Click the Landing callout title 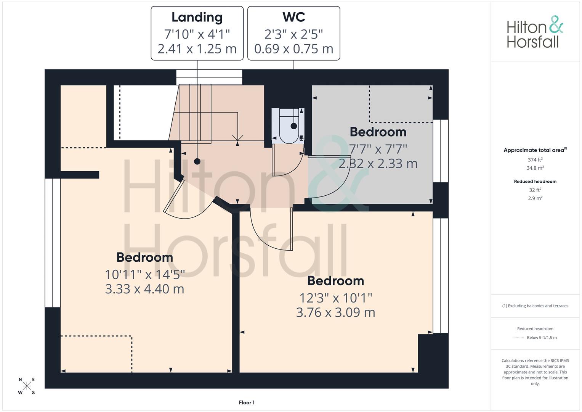[x=197, y=18]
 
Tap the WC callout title [x=293, y=17]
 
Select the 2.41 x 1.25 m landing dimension [x=197, y=49]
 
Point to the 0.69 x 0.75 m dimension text [x=293, y=49]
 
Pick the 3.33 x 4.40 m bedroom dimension [x=144, y=289]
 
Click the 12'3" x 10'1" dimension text [x=335, y=298]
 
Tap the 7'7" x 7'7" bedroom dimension [x=378, y=149]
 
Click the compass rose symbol [x=27, y=386]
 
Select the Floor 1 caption [x=247, y=402]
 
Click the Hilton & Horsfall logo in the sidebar [x=535, y=32]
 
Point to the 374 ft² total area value [x=535, y=160]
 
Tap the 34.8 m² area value [x=535, y=168]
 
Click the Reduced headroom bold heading [x=535, y=182]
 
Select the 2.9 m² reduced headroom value [x=535, y=198]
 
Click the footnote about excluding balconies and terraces [x=535, y=306]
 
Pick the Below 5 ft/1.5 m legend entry [x=542, y=338]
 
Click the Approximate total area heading [x=535, y=150]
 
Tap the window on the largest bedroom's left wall [x=53, y=243]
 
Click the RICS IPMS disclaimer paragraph [x=535, y=372]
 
